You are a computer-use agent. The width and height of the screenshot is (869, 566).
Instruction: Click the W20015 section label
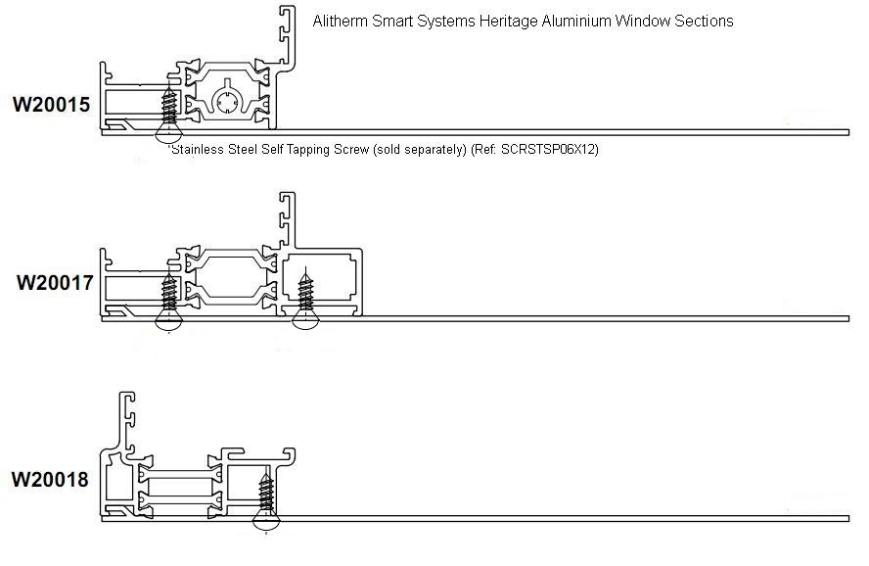pos(51,103)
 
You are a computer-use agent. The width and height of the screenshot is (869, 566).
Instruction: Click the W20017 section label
pos(55,284)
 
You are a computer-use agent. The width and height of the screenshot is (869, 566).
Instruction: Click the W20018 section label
pos(50,480)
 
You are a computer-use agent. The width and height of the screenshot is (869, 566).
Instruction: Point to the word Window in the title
pos(640,21)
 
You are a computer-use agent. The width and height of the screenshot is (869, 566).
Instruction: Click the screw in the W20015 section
pos(169,110)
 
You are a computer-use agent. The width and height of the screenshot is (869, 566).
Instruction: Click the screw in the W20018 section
pos(264,496)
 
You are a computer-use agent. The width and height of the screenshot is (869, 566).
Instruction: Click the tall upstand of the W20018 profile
pos(127,421)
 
